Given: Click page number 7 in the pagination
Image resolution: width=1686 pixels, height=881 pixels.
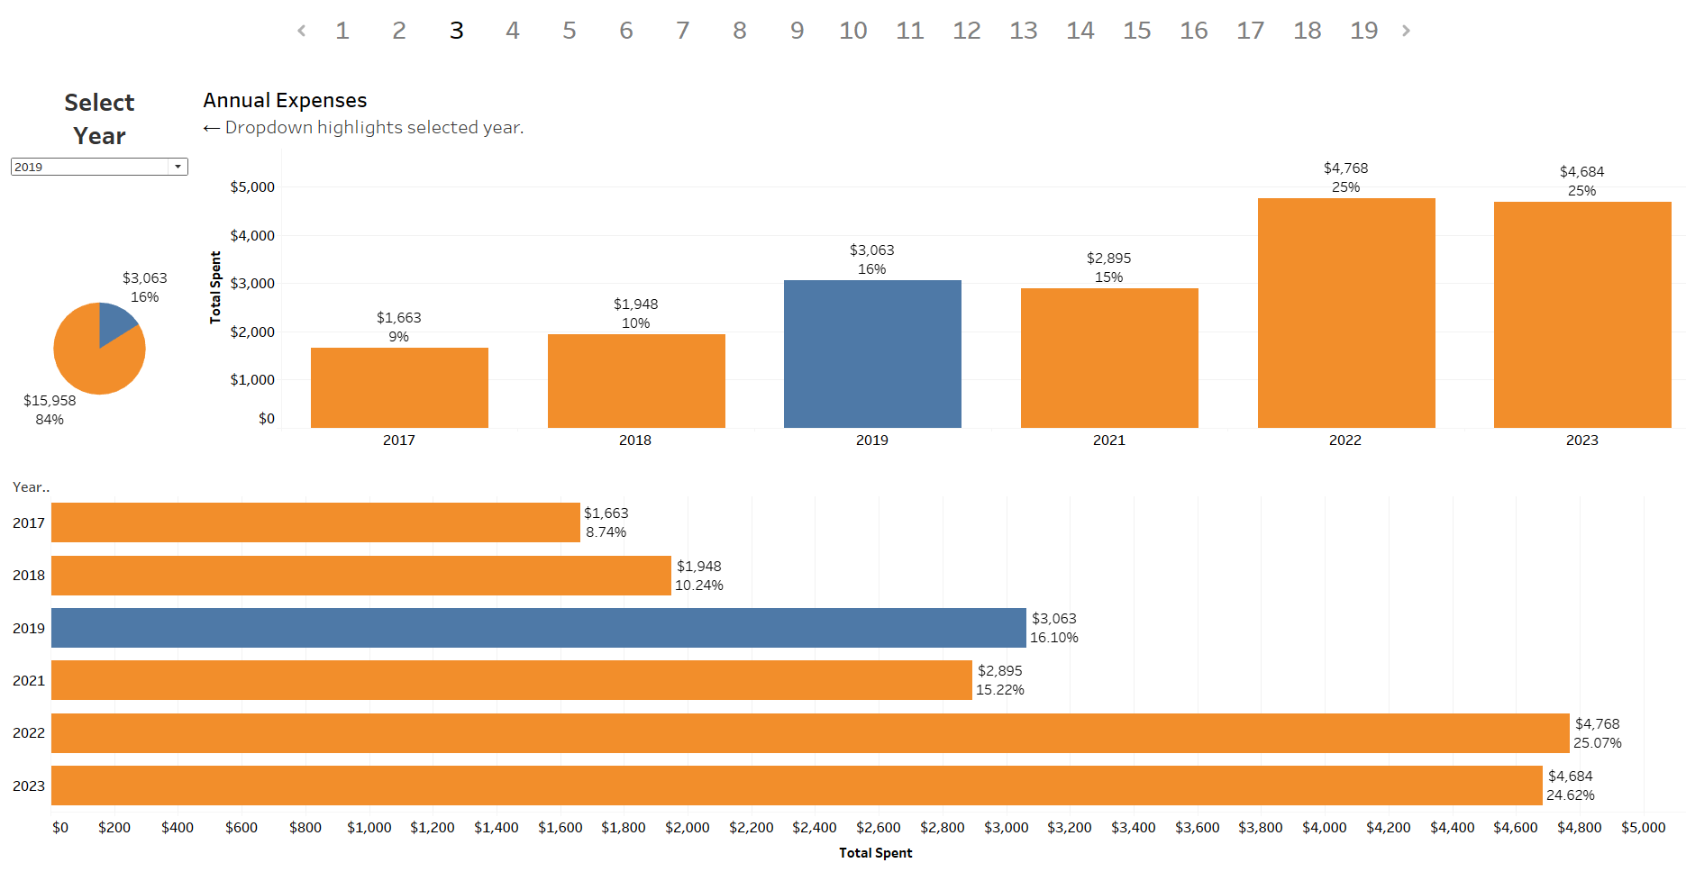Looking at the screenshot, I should pos(683,31).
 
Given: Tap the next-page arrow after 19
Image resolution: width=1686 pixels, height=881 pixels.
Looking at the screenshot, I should pos(1406,31).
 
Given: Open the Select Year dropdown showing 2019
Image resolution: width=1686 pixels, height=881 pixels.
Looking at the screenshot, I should pos(99,167).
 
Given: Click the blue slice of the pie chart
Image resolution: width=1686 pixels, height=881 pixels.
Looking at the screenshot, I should pos(114,321).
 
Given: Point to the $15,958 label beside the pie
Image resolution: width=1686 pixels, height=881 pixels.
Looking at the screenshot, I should pos(50,401).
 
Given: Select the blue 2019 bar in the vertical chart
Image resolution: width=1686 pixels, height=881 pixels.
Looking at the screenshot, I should pos(872,354).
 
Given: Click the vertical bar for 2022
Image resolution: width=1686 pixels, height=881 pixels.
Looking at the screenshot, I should pos(1346,313).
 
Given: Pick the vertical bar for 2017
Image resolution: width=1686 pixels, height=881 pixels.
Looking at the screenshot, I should pos(399,387).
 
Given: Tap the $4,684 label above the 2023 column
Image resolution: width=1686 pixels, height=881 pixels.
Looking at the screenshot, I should pos(1581,172).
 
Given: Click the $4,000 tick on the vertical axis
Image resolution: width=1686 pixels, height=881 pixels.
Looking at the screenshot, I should pos(252,236).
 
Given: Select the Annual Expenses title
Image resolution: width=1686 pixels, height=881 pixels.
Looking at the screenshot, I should pos(285,100).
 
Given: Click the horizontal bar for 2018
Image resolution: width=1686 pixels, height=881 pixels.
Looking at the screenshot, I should pos(360,576).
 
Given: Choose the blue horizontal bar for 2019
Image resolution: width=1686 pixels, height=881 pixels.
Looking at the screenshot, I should pos(538,628).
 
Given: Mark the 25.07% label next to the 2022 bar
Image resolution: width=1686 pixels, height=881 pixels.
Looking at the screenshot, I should pos(1597,743).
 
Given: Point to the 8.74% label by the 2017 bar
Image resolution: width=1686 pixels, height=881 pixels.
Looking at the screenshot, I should pos(606,532).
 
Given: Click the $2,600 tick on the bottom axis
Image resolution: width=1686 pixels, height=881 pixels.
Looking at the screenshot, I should pos(879,828).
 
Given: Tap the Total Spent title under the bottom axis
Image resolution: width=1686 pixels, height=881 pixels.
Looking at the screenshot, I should pos(875,853).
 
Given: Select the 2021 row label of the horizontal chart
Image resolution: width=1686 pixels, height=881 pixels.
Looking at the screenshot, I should pos(29,681).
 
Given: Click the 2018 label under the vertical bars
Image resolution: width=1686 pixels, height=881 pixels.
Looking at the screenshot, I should pos(635,440).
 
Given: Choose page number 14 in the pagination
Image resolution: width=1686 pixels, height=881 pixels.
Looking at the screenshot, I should pos(1080,31).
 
